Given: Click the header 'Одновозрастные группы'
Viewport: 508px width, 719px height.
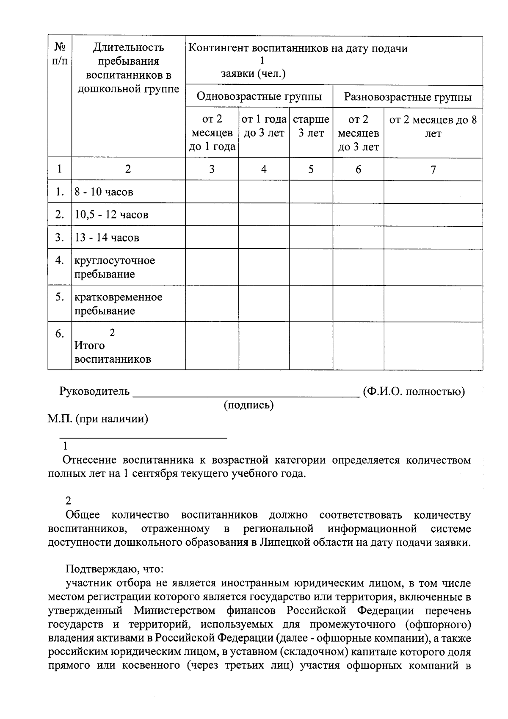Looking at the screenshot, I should pos(259,97).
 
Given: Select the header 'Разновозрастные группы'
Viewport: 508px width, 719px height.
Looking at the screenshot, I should pos(407,97).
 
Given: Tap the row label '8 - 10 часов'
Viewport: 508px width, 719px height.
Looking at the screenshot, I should pos(104,192).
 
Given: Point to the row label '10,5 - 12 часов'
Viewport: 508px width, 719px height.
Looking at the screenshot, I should pos(112,215).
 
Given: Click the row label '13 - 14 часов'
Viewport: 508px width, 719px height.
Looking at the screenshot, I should pos(107,238).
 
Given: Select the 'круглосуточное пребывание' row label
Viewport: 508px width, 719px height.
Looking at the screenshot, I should pos(115,267).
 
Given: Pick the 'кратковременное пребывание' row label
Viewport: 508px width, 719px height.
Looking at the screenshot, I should pos(118,304).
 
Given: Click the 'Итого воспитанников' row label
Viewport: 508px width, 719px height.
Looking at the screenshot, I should pos(113,353).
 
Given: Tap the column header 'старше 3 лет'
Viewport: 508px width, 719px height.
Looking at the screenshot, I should pos(311,126).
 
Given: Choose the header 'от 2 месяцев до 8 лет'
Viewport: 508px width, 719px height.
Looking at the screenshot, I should pos(433,127).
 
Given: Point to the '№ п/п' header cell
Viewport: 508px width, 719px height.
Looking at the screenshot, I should pos(60,54).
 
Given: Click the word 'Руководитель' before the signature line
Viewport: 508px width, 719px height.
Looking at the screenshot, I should pos(94,391).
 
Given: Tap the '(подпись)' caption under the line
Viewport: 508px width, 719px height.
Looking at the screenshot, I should pos(248,405).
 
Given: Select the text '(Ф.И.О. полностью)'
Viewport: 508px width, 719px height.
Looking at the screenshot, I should pos(414,391).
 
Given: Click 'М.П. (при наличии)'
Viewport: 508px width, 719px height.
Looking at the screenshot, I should pos(98,419).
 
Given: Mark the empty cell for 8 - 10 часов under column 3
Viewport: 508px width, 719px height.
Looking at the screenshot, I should pos(212,192).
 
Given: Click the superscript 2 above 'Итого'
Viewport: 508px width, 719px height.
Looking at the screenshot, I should pos(112,333).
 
